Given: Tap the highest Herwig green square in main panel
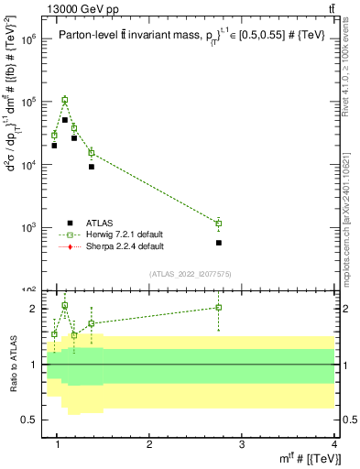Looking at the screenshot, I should (x=65, y=100).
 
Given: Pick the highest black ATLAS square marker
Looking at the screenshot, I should (x=65, y=120).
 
